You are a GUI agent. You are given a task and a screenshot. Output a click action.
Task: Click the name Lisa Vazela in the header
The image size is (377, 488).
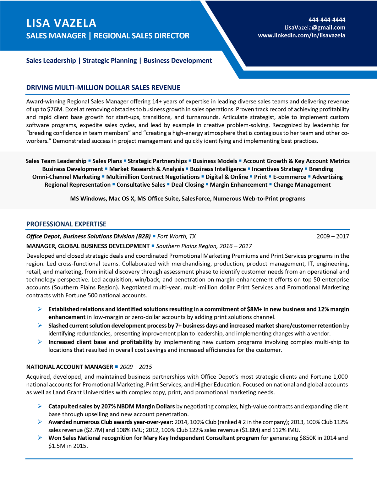(x=61, y=23)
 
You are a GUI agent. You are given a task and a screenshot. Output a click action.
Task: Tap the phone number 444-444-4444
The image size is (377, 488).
(x=327, y=19)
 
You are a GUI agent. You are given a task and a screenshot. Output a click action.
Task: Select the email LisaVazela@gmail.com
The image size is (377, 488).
(x=314, y=28)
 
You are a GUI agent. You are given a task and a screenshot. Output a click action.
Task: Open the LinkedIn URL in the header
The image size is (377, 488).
(x=301, y=36)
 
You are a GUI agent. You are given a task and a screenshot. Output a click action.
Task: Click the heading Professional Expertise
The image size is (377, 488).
(x=66, y=224)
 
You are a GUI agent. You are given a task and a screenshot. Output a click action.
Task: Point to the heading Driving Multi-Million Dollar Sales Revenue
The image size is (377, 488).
(x=103, y=88)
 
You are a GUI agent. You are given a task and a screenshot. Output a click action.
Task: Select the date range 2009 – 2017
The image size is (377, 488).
(x=333, y=236)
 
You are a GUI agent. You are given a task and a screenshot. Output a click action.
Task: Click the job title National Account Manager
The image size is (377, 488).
(x=69, y=367)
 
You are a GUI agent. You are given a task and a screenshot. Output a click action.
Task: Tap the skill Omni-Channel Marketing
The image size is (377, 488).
(x=66, y=177)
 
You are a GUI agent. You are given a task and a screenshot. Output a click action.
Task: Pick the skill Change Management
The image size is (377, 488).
(x=302, y=185)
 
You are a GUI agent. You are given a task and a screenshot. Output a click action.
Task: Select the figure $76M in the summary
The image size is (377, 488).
(x=55, y=109)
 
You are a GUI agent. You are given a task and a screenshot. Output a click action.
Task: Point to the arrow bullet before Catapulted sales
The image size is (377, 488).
(x=40, y=406)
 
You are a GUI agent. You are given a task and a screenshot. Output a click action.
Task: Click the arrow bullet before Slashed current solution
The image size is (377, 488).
(x=40, y=326)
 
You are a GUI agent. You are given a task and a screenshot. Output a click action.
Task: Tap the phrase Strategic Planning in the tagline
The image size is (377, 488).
(x=110, y=61)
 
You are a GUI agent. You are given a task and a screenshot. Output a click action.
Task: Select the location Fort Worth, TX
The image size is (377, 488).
(x=176, y=236)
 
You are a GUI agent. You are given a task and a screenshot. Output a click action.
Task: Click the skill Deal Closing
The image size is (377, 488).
(x=188, y=185)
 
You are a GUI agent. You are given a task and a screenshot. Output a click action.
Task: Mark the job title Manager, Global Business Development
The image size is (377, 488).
(x=88, y=246)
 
